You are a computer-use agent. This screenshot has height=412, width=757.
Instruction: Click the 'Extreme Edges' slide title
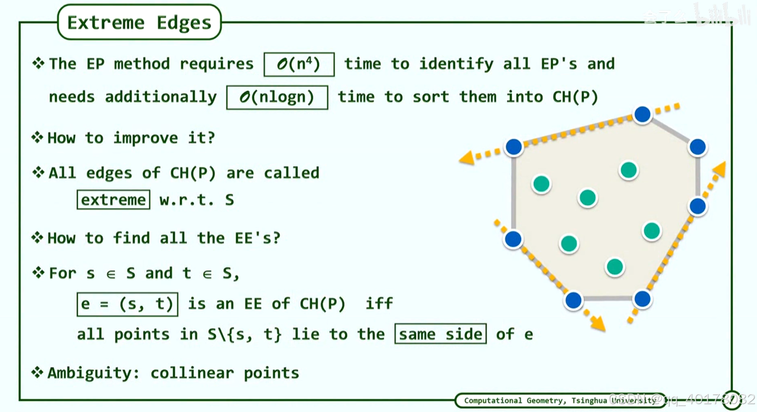139,23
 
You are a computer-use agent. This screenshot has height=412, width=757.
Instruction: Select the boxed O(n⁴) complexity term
299,64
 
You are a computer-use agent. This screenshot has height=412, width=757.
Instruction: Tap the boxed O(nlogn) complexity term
277,97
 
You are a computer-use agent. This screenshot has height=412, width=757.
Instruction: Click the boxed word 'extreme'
113,200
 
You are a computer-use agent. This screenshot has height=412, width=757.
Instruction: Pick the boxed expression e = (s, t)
127,304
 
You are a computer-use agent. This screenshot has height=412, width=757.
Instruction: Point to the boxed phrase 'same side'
440,334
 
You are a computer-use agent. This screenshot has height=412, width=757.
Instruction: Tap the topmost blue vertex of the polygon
642,114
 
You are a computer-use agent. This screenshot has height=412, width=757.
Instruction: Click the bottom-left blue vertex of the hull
573,300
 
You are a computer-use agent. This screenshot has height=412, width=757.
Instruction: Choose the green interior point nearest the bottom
615,267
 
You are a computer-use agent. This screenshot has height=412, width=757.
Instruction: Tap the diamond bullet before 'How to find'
37,238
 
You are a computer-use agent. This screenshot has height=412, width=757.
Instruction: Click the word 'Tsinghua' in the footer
589,401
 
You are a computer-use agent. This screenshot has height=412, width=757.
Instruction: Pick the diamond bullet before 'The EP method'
38,64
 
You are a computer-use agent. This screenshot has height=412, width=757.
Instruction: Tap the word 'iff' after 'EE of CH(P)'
379,304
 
